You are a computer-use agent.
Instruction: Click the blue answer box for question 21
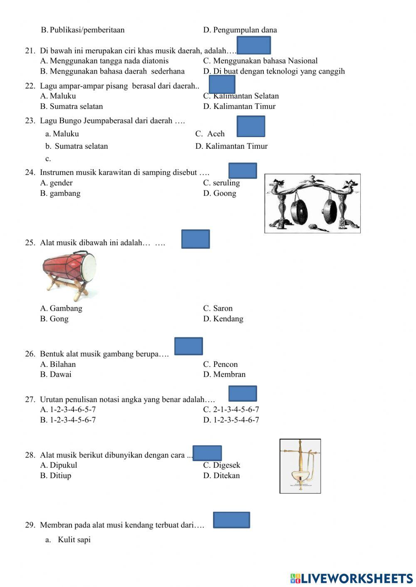[x=253, y=45]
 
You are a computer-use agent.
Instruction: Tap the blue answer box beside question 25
[x=196, y=239]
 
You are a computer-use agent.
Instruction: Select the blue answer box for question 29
[x=231, y=520]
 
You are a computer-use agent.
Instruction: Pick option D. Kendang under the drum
[x=223, y=319]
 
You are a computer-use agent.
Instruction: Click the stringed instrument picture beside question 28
[x=300, y=466]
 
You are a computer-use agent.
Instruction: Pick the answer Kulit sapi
[x=74, y=540]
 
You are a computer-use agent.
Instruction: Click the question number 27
[x=30, y=400]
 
